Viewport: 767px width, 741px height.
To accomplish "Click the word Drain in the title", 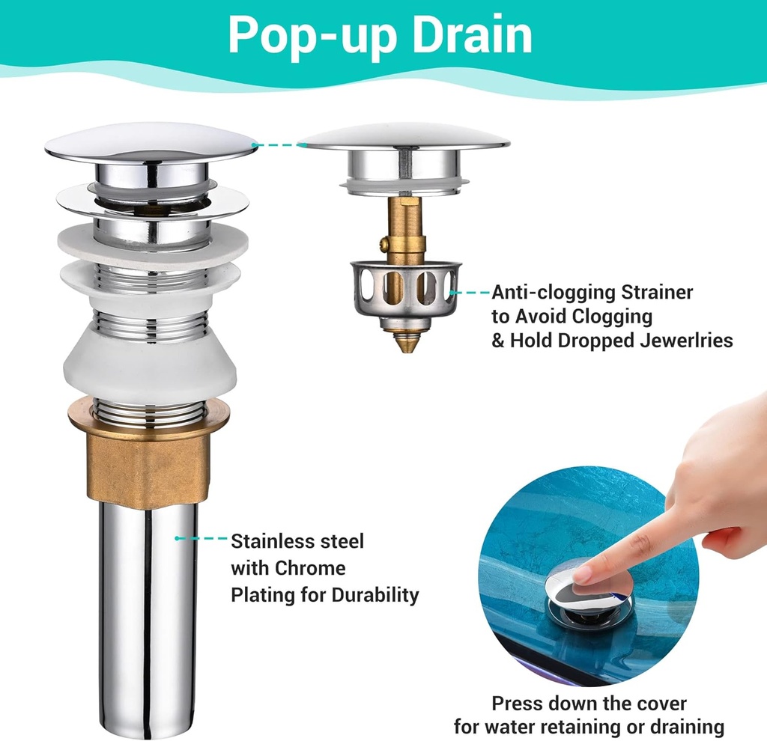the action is pos(472,34).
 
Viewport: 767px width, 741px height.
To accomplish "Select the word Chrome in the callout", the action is pos(310,568).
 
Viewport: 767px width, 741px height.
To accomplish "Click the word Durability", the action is pos(375,595).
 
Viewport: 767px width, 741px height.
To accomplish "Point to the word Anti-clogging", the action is pos(553,293).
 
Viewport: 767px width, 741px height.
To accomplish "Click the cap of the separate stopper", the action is pos(404,136).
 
